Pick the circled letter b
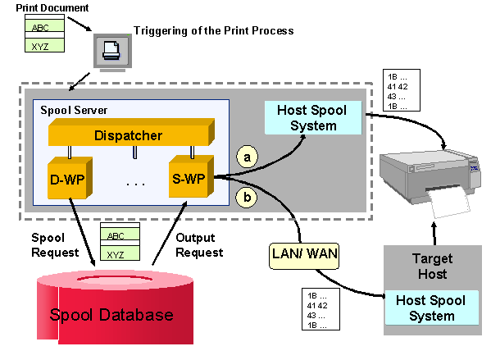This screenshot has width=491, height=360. point(244,198)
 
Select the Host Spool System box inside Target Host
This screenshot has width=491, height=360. point(430,309)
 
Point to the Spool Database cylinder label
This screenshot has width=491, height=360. point(111,315)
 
